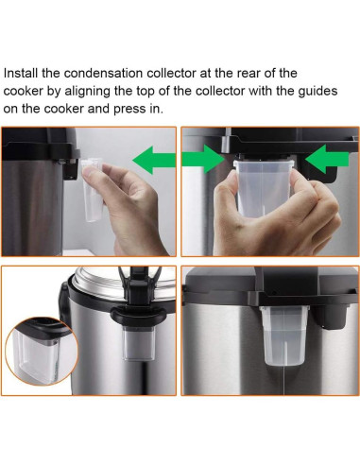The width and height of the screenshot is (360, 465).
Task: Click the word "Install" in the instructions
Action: [x=21, y=74]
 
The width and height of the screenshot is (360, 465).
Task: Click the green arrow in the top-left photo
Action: [x=154, y=160]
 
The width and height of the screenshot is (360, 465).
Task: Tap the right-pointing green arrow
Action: [x=203, y=159]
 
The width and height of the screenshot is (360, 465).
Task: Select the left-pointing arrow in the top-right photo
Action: [x=327, y=159]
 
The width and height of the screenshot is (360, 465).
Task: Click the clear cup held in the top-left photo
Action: [x=92, y=189]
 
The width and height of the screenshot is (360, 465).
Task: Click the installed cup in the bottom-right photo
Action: [x=283, y=335]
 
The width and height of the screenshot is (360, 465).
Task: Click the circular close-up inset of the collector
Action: [x=42, y=352]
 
